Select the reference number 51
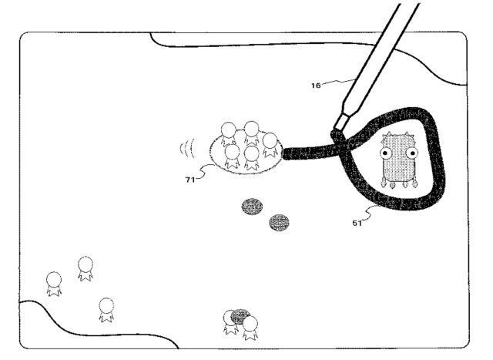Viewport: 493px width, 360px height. point(357,223)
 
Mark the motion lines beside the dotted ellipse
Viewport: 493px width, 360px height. point(184,147)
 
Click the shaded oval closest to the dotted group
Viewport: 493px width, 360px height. point(252,207)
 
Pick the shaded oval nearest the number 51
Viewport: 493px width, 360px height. point(279,223)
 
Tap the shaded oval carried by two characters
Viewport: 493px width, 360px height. point(241,316)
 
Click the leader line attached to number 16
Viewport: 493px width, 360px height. point(337,82)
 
